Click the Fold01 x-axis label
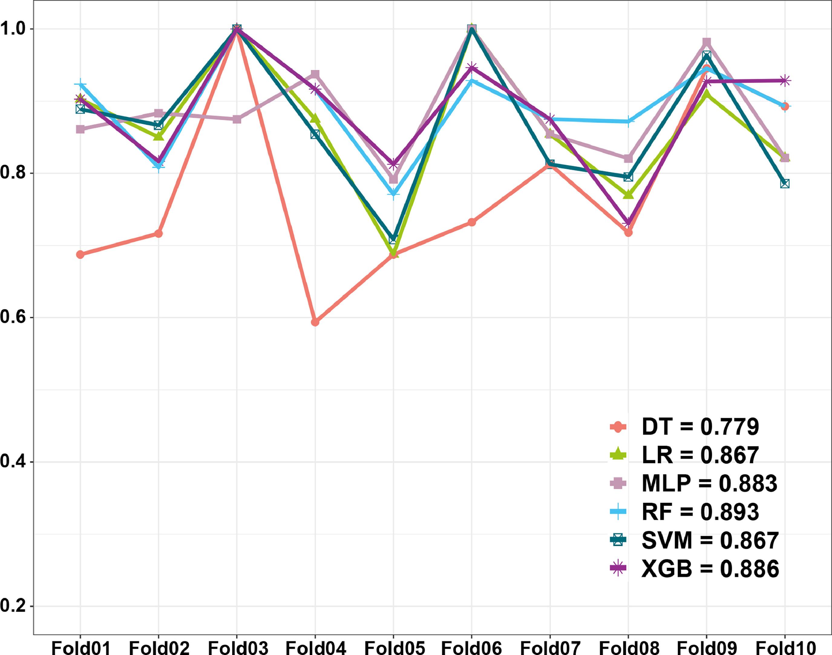[80, 648]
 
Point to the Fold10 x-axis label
[785, 648]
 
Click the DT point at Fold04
[315, 322]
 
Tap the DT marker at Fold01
[80, 254]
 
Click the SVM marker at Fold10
[785, 184]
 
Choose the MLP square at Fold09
[706, 42]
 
